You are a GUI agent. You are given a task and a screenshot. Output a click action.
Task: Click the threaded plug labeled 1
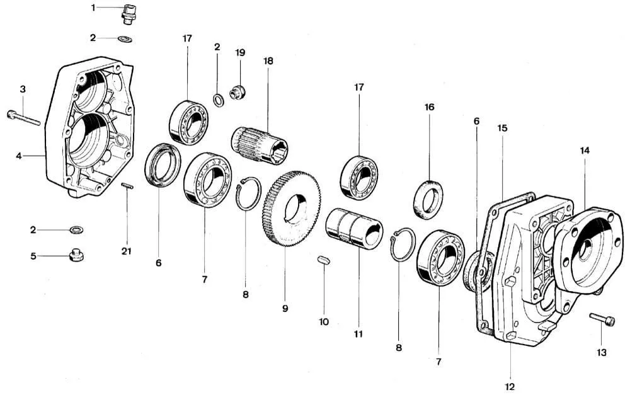click(130, 13)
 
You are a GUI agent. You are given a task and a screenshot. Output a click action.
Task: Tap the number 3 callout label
click(23, 89)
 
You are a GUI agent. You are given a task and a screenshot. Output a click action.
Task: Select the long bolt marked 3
click(23, 118)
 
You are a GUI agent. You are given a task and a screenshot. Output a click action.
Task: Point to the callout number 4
click(20, 154)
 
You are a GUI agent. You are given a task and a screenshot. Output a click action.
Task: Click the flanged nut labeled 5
click(76, 255)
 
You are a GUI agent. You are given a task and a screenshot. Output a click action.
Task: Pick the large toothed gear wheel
click(291, 209)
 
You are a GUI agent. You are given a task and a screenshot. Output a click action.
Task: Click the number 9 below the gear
click(285, 309)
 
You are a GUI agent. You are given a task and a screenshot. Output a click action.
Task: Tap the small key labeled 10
click(324, 260)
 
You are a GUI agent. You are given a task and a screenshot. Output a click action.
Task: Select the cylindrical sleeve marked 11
click(354, 227)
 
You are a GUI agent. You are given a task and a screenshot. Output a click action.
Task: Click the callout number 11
click(358, 334)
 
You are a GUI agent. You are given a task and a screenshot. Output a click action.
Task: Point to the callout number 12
click(510, 386)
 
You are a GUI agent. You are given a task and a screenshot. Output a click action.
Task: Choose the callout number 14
click(585, 151)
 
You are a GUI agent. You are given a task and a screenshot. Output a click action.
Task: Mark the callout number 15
click(502, 128)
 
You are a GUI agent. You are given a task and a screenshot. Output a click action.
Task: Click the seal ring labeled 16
click(428, 199)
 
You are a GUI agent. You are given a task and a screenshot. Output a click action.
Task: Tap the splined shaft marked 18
click(260, 144)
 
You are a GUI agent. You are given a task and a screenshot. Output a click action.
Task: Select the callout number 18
click(268, 61)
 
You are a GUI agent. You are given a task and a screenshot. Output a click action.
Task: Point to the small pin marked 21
click(127, 185)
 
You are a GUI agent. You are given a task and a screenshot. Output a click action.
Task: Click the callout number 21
click(127, 252)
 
